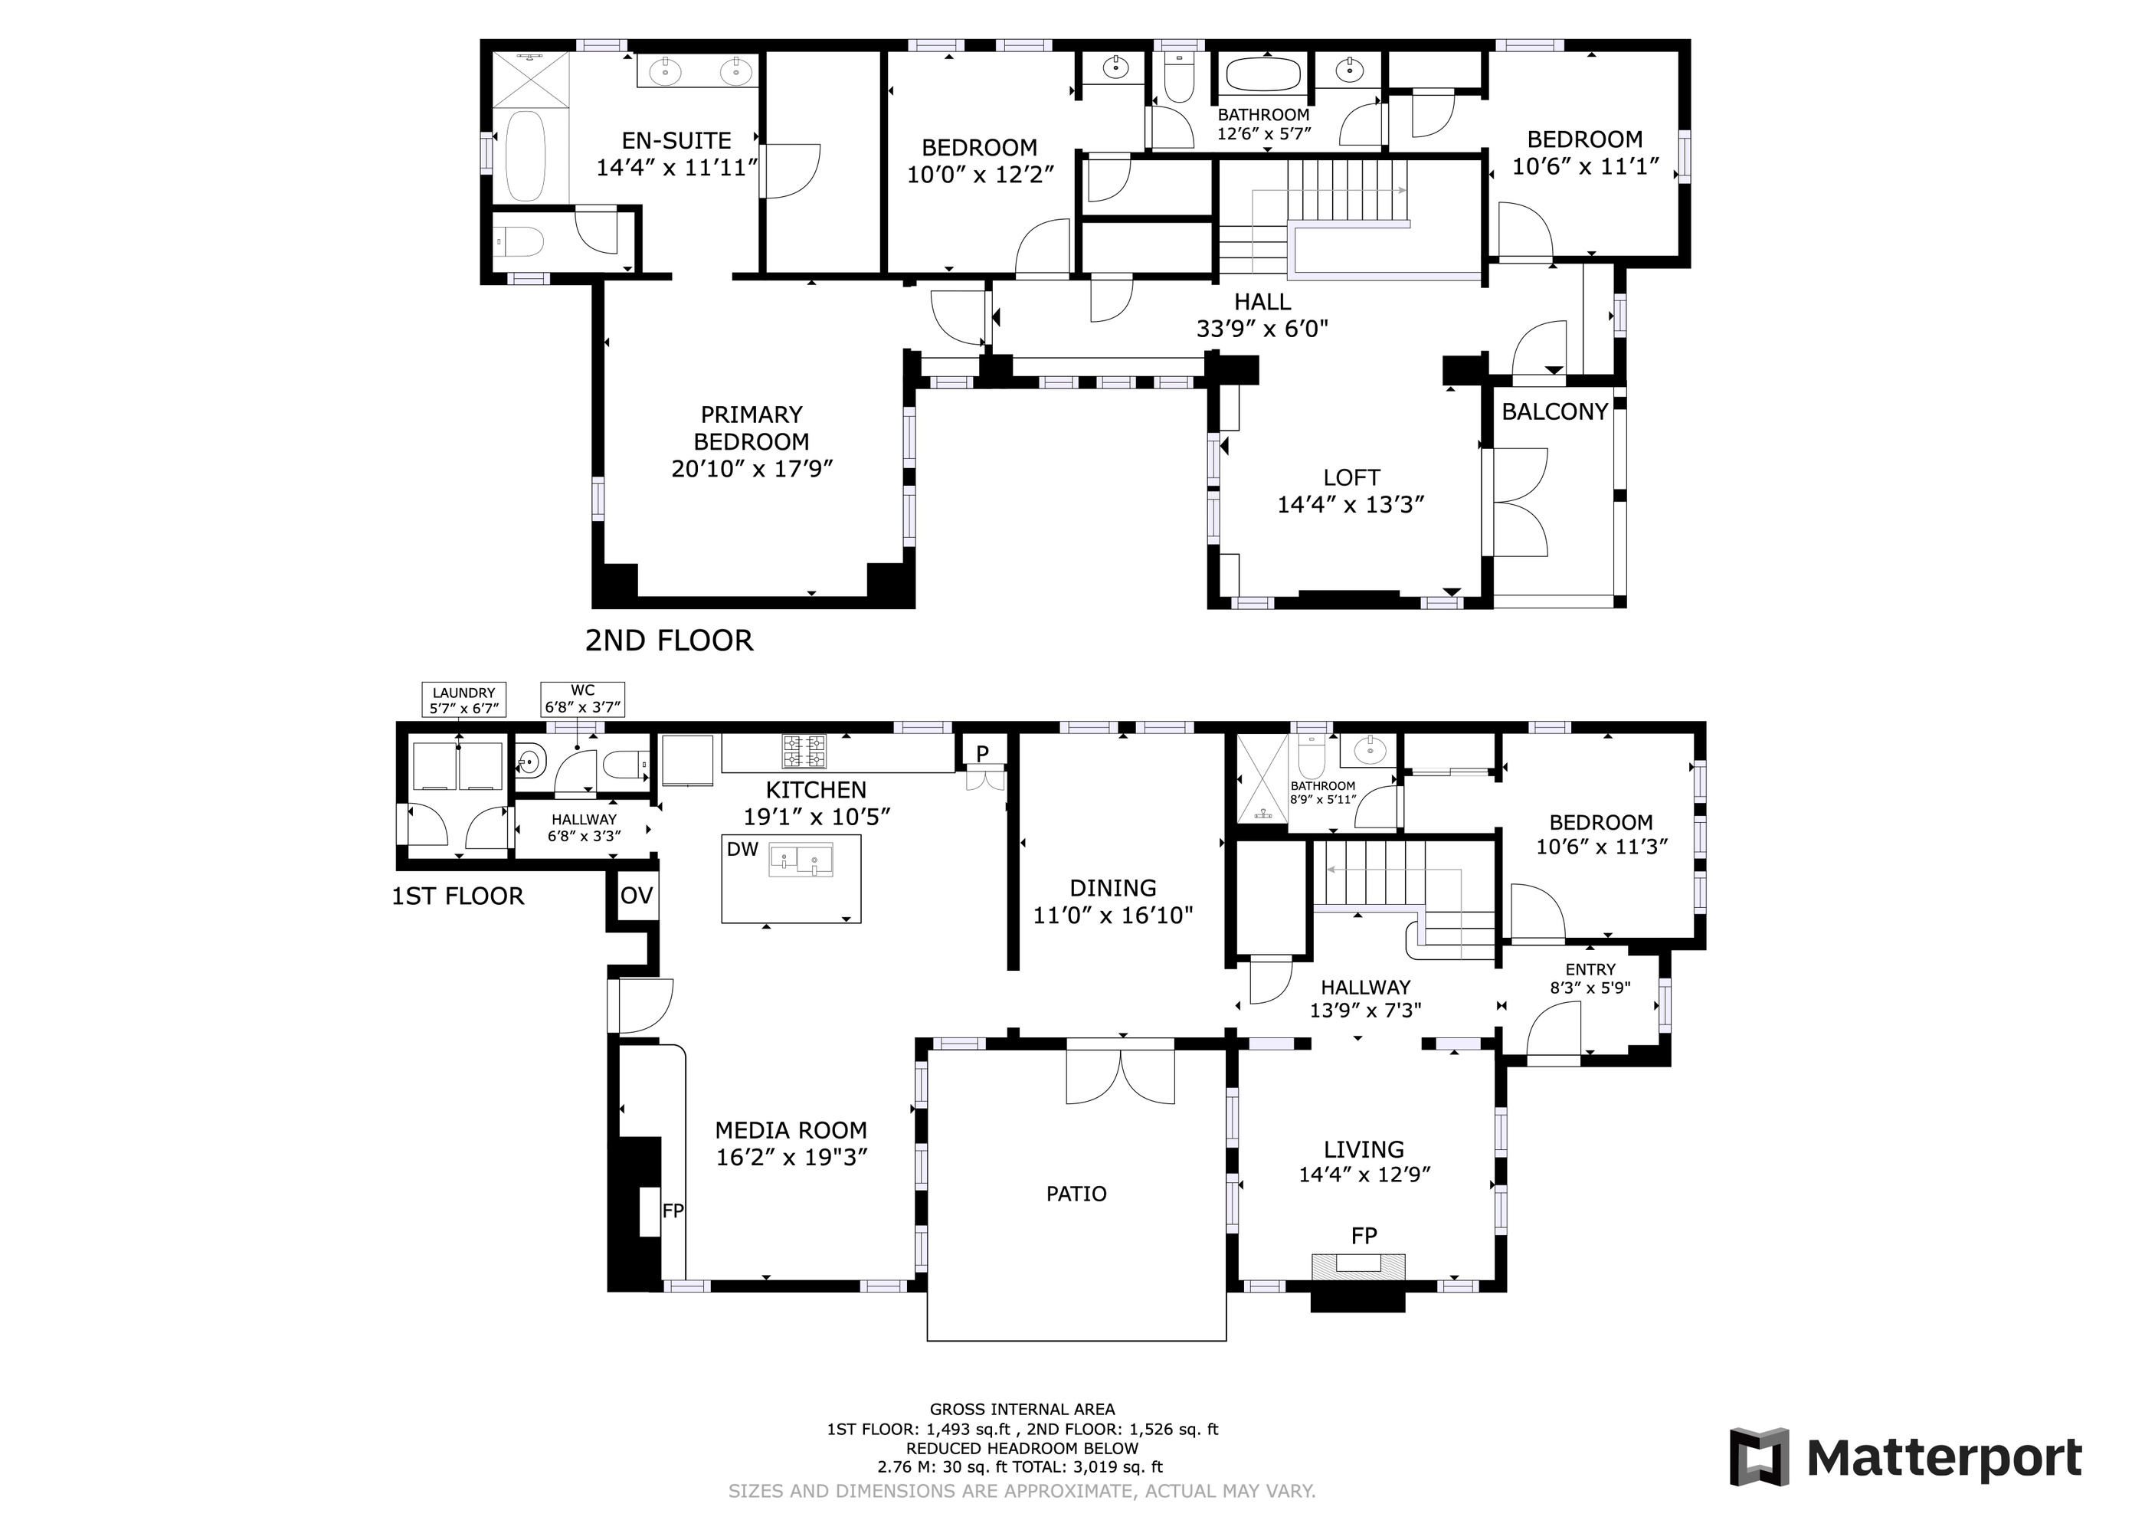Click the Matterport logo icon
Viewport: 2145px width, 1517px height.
point(1758,1457)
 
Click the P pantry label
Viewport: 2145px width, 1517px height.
point(982,753)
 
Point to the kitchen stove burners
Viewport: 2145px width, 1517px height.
point(804,752)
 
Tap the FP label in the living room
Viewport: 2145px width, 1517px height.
point(1363,1236)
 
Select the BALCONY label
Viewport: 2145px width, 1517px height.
point(1554,412)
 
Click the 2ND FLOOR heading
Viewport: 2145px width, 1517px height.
point(669,641)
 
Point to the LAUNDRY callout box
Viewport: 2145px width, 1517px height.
point(463,700)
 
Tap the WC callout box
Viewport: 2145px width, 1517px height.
point(582,699)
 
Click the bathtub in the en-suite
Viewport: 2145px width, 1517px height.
point(524,156)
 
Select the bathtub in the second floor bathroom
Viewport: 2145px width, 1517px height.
point(1262,74)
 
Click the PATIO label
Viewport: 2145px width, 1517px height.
point(1076,1194)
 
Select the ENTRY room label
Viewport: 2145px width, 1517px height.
point(1590,970)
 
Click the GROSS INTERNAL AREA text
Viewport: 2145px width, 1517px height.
point(1022,1410)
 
